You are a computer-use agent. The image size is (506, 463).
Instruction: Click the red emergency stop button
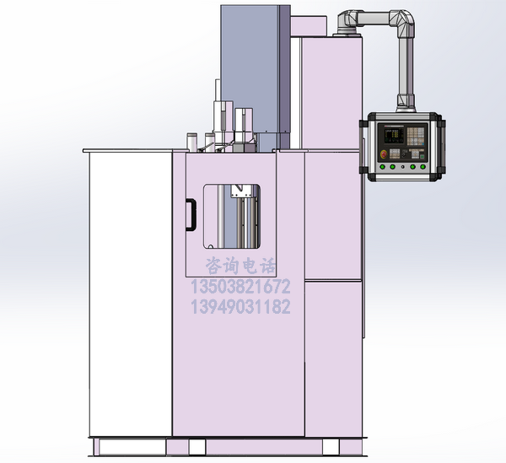point(384,153)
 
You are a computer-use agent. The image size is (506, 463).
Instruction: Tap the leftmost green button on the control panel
point(383,167)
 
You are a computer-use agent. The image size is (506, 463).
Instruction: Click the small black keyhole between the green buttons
point(402,167)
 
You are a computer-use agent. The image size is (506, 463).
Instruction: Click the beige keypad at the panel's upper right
point(415,136)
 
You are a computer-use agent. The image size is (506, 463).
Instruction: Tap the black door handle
point(191,215)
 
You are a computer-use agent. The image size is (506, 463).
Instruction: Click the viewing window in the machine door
point(232,216)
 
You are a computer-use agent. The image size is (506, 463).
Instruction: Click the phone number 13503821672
point(240,287)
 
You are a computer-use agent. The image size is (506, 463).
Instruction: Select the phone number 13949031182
point(240,306)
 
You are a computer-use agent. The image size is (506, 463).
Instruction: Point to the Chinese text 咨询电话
point(241,266)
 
